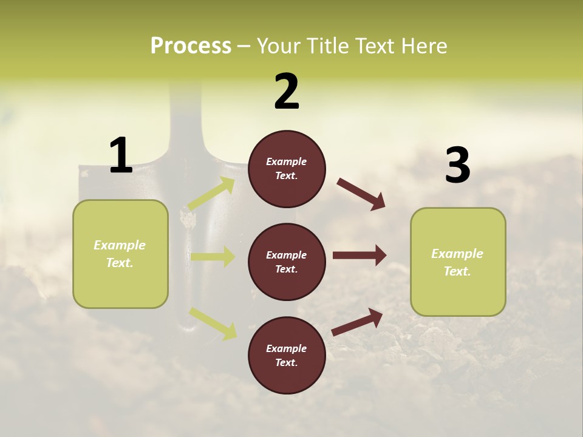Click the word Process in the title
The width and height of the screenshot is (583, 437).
tap(191, 46)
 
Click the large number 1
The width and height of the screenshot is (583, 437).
tap(121, 156)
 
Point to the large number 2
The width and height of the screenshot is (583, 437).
tap(287, 92)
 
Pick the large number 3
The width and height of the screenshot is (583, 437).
tap(457, 166)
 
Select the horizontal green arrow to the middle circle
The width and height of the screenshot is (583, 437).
tap(213, 257)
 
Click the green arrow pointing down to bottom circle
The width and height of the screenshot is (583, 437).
tap(213, 323)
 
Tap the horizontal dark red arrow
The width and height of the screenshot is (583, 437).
tap(359, 255)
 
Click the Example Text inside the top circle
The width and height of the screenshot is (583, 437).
tap(287, 169)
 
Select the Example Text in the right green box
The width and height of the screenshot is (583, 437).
tap(457, 262)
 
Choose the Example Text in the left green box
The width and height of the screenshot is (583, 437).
tap(120, 254)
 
